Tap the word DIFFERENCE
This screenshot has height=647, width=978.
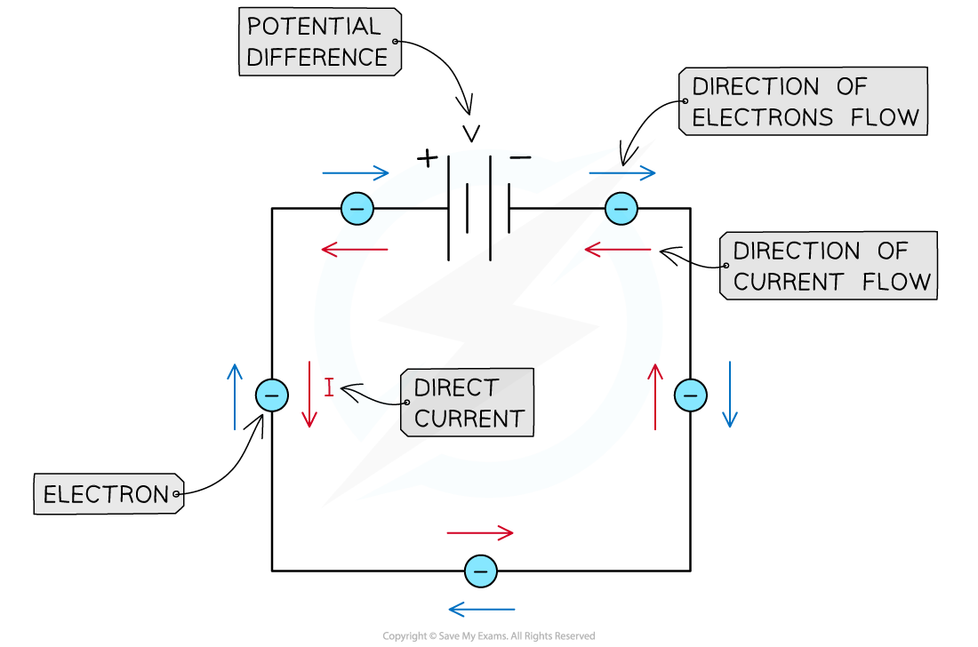coord(317,58)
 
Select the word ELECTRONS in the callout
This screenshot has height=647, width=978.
coord(762,117)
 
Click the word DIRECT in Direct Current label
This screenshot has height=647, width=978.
coord(456,388)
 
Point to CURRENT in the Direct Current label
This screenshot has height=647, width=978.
coord(469,419)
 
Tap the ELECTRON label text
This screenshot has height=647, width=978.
coord(106,495)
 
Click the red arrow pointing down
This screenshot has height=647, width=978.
coord(309,395)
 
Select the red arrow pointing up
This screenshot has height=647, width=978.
coord(655,396)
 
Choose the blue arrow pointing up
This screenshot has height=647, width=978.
coord(235,396)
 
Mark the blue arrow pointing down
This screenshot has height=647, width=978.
coord(730,395)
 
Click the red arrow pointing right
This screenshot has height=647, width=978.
coord(480,533)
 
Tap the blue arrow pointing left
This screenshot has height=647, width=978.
coord(481,610)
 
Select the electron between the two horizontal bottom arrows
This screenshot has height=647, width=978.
coord(481,571)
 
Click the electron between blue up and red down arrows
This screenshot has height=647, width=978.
coord(272,395)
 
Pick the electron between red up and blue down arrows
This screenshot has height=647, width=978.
coord(691,395)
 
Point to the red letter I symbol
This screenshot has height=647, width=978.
coord(329,387)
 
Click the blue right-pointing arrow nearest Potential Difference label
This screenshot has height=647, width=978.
coord(356,173)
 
